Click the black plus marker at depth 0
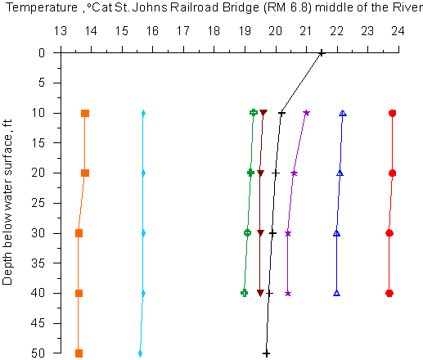coord(322,53)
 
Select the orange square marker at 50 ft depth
coord(79,353)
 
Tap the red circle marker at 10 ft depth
coord(393,113)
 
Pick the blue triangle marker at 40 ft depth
coord(337,293)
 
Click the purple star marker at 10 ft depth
coord(307,113)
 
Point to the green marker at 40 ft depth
coord(244,293)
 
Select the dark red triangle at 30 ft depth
coord(260,233)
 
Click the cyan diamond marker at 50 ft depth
coord(140,353)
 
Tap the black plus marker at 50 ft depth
coord(266,353)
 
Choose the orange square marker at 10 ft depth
coord(85,113)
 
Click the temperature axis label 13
coord(61,31)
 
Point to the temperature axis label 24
coord(398,31)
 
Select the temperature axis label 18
coord(214,31)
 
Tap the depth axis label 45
coord(38,323)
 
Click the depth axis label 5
coord(42,83)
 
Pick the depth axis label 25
coord(38,203)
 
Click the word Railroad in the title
coord(195,7)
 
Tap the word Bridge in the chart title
coord(241,8)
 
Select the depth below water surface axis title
coord(7,202)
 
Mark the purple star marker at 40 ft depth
coord(288,294)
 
